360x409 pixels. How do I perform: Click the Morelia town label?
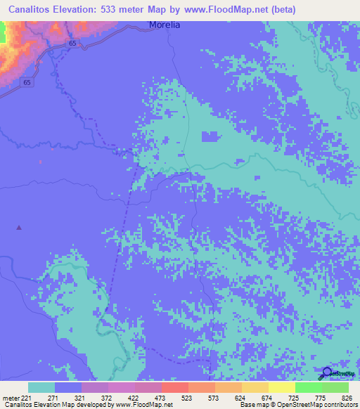tap(165, 25)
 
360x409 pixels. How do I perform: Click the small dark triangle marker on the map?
tap(19, 227)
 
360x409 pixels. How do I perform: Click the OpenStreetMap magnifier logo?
tap(328, 372)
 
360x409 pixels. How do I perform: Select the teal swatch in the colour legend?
tap(41, 387)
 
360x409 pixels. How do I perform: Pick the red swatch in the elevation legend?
tap(175, 387)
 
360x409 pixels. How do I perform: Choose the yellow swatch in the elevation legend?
tap(282, 387)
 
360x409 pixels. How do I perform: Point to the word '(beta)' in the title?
tap(281, 9)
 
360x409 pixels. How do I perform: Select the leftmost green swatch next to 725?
tap(309, 387)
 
